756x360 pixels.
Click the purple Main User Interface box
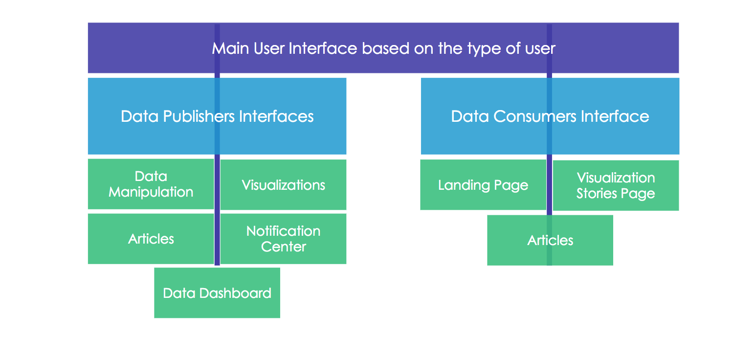383,48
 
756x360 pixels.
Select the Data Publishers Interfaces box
217,116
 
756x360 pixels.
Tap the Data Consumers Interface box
550,116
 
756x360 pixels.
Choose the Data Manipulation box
151,184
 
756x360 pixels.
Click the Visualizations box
283,185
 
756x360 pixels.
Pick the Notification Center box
283,239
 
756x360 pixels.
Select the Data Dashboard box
217,293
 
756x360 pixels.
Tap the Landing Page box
483,185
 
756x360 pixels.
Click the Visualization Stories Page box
616,185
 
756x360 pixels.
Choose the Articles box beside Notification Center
151,239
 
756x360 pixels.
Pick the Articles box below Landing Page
550,240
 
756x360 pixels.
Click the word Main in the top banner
230,48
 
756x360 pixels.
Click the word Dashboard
235,293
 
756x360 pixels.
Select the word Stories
597,194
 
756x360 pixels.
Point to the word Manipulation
151,192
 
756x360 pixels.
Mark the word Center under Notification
284,247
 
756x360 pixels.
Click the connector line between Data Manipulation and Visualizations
217,184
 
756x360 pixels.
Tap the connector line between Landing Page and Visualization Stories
550,185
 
